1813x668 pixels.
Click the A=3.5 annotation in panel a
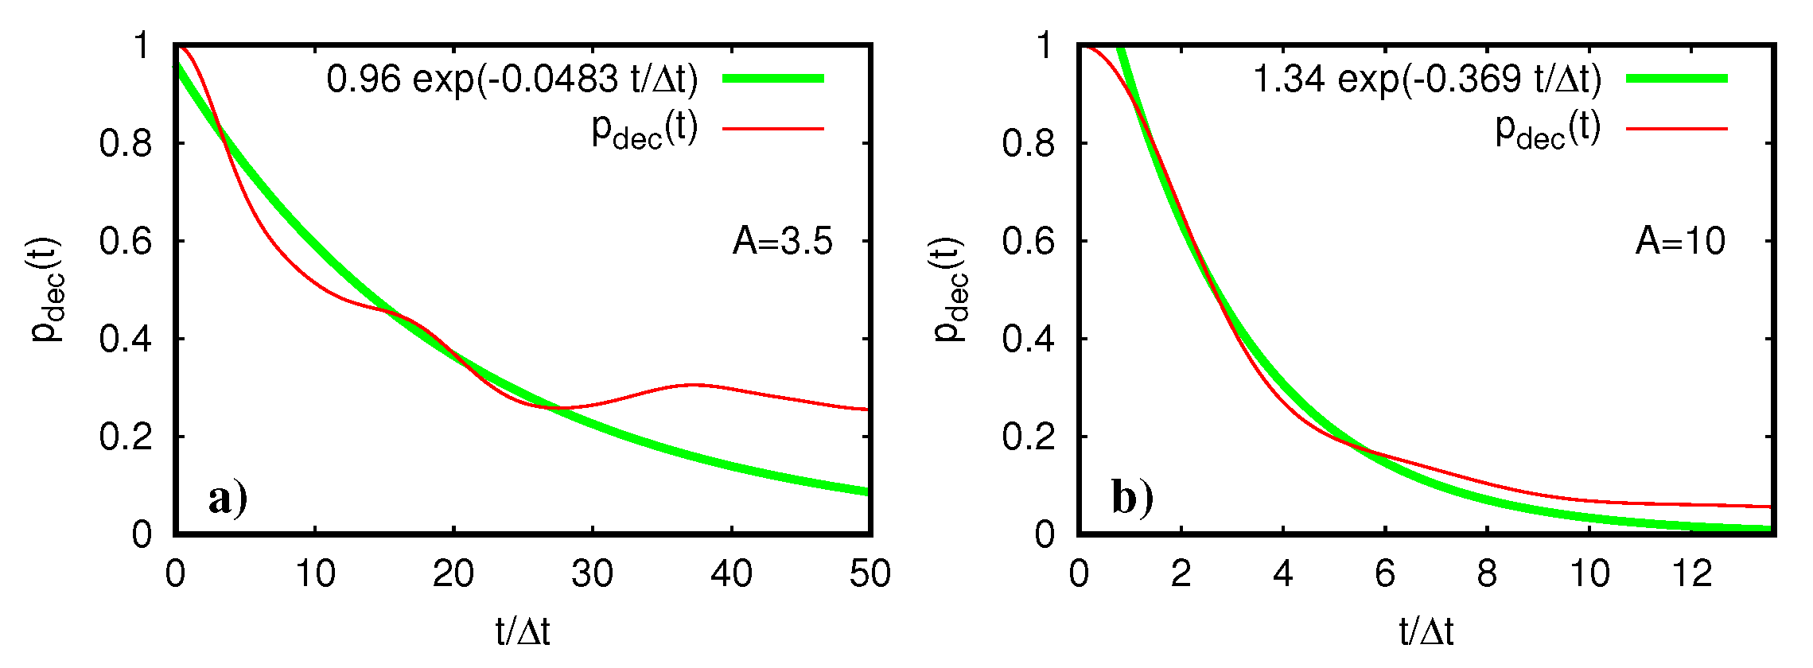pyautogui.click(x=782, y=241)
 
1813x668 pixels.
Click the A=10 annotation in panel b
pyautogui.click(x=1680, y=241)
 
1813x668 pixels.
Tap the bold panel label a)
pyautogui.click(x=228, y=499)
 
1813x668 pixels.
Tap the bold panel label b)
pyautogui.click(x=1132, y=499)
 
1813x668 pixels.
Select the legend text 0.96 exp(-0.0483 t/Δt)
pyautogui.click(x=512, y=79)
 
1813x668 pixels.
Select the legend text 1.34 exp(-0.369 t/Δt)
pyautogui.click(x=1426, y=79)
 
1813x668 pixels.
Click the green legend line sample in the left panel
pyautogui.click(x=772, y=78)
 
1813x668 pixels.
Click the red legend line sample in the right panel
pyautogui.click(x=1676, y=128)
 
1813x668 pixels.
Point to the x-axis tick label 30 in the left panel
pyautogui.click(x=592, y=574)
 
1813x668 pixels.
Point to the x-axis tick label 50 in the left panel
pyautogui.click(x=870, y=574)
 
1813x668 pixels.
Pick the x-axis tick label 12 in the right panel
pyautogui.click(x=1691, y=574)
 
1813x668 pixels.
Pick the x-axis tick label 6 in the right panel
pyautogui.click(x=1385, y=574)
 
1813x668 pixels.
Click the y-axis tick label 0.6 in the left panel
pyautogui.click(x=126, y=241)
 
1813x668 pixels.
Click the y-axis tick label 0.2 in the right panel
pyautogui.click(x=1029, y=437)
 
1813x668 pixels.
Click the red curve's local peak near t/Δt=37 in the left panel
pyautogui.click(x=694, y=385)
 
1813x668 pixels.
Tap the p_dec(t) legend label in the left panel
pyautogui.click(x=644, y=130)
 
